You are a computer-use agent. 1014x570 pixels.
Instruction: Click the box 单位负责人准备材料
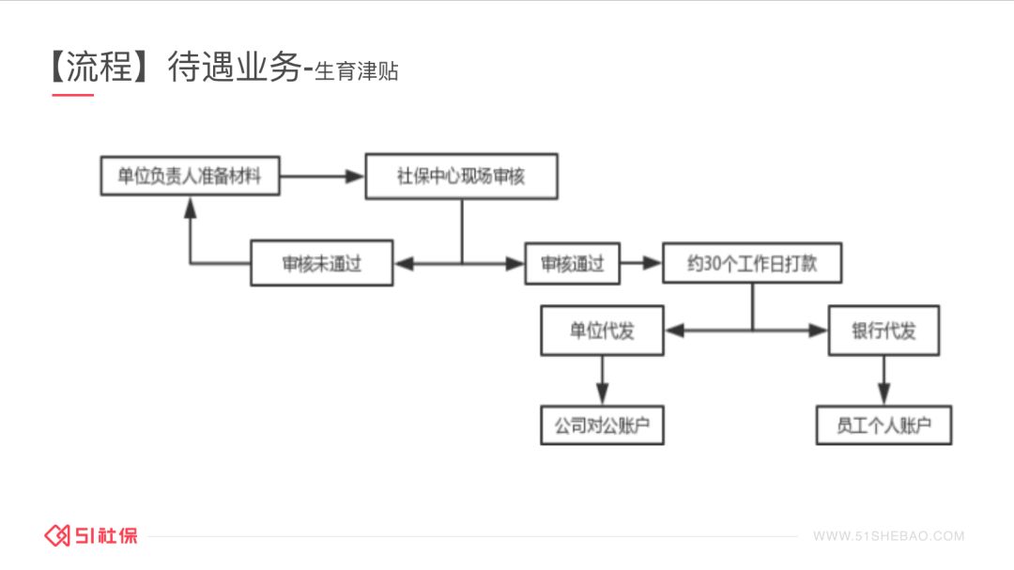coord(190,177)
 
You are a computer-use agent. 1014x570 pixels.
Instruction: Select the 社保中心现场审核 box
coord(461,177)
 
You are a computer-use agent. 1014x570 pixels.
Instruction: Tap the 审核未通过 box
coord(321,264)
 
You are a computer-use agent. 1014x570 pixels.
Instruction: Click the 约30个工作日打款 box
coord(751,264)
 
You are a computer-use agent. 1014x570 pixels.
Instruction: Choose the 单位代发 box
coord(602,331)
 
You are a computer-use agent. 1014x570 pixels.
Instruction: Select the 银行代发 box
coord(883,331)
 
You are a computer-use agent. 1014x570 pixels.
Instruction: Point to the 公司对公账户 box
coord(602,425)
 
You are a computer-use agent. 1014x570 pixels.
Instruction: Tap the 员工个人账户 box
coord(883,425)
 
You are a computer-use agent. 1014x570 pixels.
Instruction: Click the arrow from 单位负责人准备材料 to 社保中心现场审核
coord(322,176)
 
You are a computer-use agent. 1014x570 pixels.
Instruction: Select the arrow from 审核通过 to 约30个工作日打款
coord(640,264)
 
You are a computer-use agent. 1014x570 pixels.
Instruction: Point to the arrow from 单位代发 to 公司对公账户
coord(602,379)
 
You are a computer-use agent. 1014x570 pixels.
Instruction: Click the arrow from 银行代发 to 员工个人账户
coord(883,379)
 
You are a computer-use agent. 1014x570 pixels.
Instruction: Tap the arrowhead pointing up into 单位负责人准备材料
coord(191,207)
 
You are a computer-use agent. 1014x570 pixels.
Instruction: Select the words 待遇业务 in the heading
coord(234,67)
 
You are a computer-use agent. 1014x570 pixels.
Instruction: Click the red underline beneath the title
coord(72,95)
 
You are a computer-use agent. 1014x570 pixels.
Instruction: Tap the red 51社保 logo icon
coord(58,535)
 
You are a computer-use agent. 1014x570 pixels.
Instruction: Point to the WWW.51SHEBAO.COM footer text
coord(888,536)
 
